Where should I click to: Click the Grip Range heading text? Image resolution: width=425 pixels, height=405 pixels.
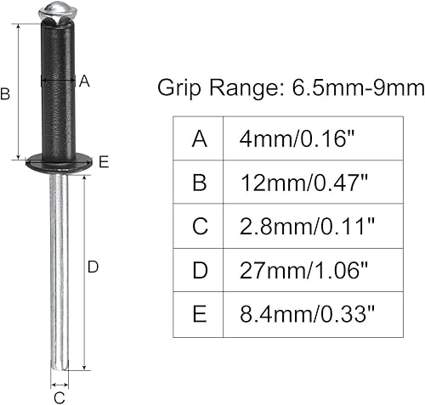[x=291, y=87]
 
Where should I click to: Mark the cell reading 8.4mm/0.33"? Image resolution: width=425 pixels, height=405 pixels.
[x=309, y=316]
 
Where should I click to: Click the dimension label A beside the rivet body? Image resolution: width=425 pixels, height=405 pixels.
[x=83, y=82]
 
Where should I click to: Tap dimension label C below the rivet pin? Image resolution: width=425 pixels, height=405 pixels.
[x=59, y=395]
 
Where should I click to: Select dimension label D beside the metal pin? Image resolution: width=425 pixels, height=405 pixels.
[x=93, y=267]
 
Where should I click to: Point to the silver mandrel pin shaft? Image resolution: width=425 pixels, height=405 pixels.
[x=59, y=272]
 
